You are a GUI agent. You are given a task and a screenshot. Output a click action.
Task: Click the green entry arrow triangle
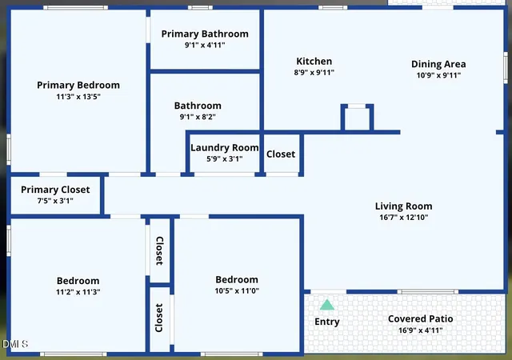pyautogui.click(x=327, y=305)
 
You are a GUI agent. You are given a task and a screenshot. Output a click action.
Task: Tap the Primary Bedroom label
pyautogui.click(x=78, y=86)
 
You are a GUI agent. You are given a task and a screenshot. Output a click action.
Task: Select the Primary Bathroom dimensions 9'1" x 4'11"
pyautogui.click(x=205, y=45)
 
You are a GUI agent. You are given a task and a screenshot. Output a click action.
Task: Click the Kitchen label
pyautogui.click(x=314, y=61)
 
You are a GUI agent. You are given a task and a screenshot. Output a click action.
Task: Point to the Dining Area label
pyautogui.click(x=438, y=64)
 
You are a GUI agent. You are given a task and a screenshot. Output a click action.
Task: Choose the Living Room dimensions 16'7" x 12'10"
pyautogui.click(x=403, y=218)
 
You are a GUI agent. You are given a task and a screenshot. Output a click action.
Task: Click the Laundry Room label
pyautogui.click(x=225, y=148)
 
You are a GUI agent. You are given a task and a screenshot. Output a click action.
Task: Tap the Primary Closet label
pyautogui.click(x=55, y=190)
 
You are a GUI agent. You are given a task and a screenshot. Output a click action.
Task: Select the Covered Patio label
pyautogui.click(x=421, y=319)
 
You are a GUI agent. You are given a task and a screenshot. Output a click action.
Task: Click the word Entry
pyautogui.click(x=327, y=322)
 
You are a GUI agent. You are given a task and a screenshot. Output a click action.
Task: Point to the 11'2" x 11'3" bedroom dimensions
pyautogui.click(x=78, y=292)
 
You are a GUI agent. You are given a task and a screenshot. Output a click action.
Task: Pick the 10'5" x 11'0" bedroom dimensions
pyautogui.click(x=237, y=290)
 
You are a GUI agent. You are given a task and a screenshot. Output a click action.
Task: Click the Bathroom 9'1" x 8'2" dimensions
pyautogui.click(x=198, y=117)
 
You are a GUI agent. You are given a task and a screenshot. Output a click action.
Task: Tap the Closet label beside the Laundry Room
pyautogui.click(x=281, y=154)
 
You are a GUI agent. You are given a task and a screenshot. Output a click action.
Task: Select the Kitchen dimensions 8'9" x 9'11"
pyautogui.click(x=314, y=73)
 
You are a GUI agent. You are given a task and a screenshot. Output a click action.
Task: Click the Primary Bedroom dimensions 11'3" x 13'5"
pyautogui.click(x=78, y=97)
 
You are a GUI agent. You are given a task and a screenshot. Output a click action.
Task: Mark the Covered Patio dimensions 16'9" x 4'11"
pyautogui.click(x=421, y=330)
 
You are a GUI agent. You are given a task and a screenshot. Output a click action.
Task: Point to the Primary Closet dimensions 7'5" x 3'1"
pyautogui.click(x=55, y=201)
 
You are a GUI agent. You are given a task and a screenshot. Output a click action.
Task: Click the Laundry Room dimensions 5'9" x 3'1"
pyautogui.click(x=225, y=159)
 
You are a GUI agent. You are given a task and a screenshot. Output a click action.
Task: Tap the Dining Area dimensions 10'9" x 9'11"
pyautogui.click(x=438, y=75)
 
